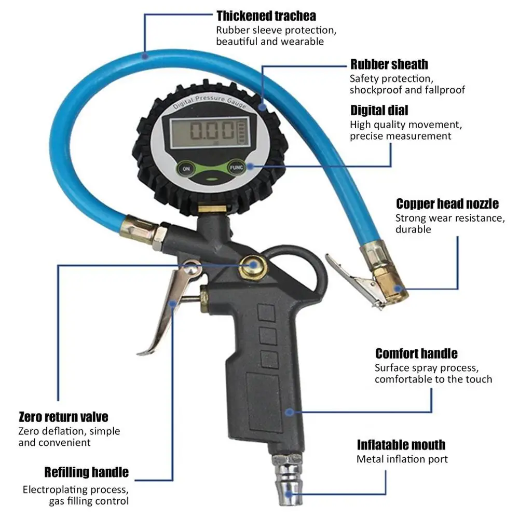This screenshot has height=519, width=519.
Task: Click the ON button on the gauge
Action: pos(186,169)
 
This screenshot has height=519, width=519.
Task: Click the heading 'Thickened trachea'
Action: pos(266,16)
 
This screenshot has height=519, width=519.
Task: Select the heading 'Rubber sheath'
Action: pos(389,64)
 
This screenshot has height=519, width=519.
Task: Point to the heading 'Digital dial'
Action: pos(379,110)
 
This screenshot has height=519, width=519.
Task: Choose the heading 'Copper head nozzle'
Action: pos(447,203)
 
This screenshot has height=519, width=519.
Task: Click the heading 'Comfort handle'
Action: pos(416,353)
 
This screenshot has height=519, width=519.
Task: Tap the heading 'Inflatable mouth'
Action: pos(401,445)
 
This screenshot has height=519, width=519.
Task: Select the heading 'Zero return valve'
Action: pos(63,417)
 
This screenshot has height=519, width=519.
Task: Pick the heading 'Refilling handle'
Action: pos(86,472)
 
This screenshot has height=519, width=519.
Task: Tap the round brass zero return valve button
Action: pos(253,265)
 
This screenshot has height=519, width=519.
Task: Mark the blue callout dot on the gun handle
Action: pos(289,412)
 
